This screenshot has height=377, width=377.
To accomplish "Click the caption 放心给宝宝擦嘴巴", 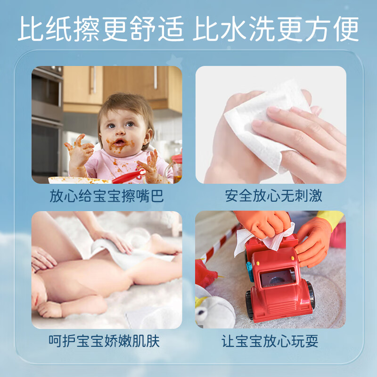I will [x=107, y=196].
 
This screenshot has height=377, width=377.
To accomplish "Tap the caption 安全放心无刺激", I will [x=270, y=196].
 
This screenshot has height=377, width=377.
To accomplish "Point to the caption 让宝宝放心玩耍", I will [x=270, y=341].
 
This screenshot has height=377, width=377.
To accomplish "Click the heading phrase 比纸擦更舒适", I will [x=101, y=29].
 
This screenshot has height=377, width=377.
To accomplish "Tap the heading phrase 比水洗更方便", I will [x=276, y=29].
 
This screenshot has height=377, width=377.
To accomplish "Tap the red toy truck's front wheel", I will [x=249, y=306].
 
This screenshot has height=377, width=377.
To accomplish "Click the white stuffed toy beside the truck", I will [x=214, y=311].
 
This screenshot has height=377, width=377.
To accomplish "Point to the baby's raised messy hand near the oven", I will [x=78, y=148].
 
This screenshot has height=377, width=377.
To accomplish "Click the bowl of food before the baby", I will [x=78, y=180].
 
